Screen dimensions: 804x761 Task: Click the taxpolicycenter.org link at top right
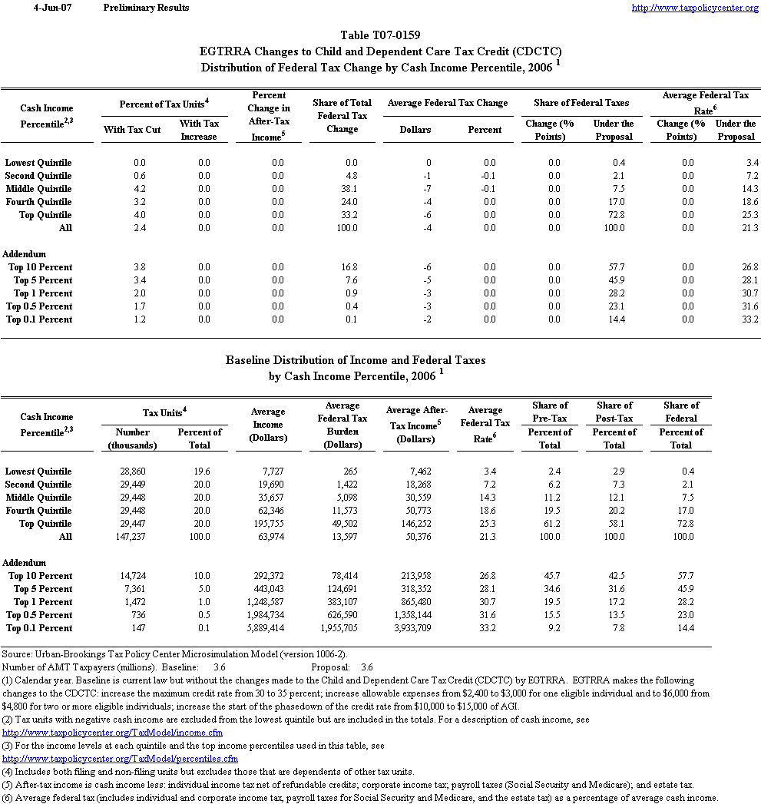(x=695, y=8)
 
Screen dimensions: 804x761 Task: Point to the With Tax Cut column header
(x=132, y=130)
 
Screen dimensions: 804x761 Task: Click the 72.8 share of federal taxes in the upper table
(x=614, y=215)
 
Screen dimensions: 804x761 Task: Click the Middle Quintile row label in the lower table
(x=38, y=498)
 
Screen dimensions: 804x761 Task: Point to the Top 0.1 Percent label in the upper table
(x=39, y=319)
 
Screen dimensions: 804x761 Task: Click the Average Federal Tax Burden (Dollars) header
(x=342, y=425)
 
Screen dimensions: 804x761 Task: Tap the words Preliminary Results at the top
(x=146, y=8)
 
